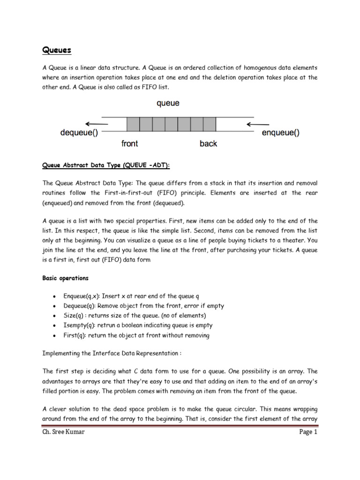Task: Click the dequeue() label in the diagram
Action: pos(79,133)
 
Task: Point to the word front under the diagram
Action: pos(129,143)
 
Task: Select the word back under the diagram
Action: pos(208,143)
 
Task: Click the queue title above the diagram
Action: pos(167,103)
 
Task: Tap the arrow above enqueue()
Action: pos(256,124)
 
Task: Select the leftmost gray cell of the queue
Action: pos(134,124)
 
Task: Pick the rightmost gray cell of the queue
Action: pos(210,124)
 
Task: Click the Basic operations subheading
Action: pos(65,278)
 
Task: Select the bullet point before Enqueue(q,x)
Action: pos(55,296)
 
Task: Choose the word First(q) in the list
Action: pos(75,335)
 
